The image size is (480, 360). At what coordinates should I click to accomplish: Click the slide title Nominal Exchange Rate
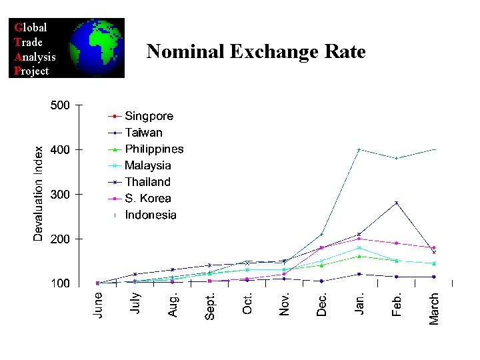[x=256, y=51]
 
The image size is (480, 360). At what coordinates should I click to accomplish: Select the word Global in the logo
[x=31, y=28]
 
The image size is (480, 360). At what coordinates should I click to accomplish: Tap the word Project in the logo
[x=31, y=71]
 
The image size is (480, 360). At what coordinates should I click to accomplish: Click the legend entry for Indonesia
[x=151, y=215]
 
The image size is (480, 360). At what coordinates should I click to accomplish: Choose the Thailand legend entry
[x=147, y=182]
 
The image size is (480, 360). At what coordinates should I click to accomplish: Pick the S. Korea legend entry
[x=147, y=198]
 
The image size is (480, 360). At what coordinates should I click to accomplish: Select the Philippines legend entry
[x=154, y=149]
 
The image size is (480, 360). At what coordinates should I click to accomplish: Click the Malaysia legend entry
[x=147, y=165]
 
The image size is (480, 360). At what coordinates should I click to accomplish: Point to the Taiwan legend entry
[x=143, y=133]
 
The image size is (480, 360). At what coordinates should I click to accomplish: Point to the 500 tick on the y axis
[x=60, y=105]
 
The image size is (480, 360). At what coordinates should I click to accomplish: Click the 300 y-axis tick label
[x=60, y=195]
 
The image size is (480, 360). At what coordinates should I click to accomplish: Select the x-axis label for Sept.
[x=209, y=305]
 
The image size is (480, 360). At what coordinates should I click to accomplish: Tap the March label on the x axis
[x=434, y=309]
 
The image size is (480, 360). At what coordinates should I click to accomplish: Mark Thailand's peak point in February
[x=396, y=203]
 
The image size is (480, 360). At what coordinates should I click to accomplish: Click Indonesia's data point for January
[x=359, y=149]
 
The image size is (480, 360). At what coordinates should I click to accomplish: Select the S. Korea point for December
[x=321, y=248]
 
